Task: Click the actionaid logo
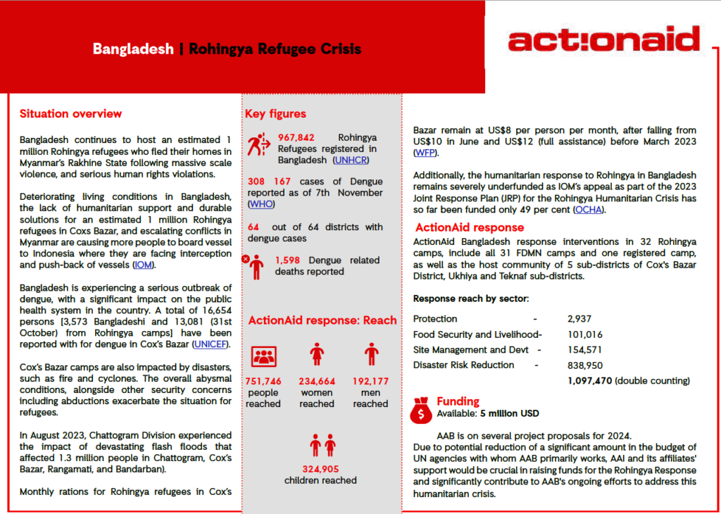coord(604,39)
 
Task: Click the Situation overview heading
coord(70,114)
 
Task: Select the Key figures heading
coord(275,114)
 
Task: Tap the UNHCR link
coord(351,160)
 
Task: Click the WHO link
coord(261,204)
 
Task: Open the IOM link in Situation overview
coord(143,265)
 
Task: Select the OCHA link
coord(589,210)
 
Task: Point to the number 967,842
coord(296,137)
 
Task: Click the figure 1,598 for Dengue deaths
coord(289,260)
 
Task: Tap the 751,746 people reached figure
coord(263,382)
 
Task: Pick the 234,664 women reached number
coord(317,382)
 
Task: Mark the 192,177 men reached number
coord(371,382)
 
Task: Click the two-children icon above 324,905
coord(321,445)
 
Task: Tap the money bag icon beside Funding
coord(421,409)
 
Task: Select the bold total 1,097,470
coord(590,380)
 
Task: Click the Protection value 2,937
coord(582,319)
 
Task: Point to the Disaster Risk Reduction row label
coord(464,365)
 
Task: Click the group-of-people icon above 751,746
coord(263,356)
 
